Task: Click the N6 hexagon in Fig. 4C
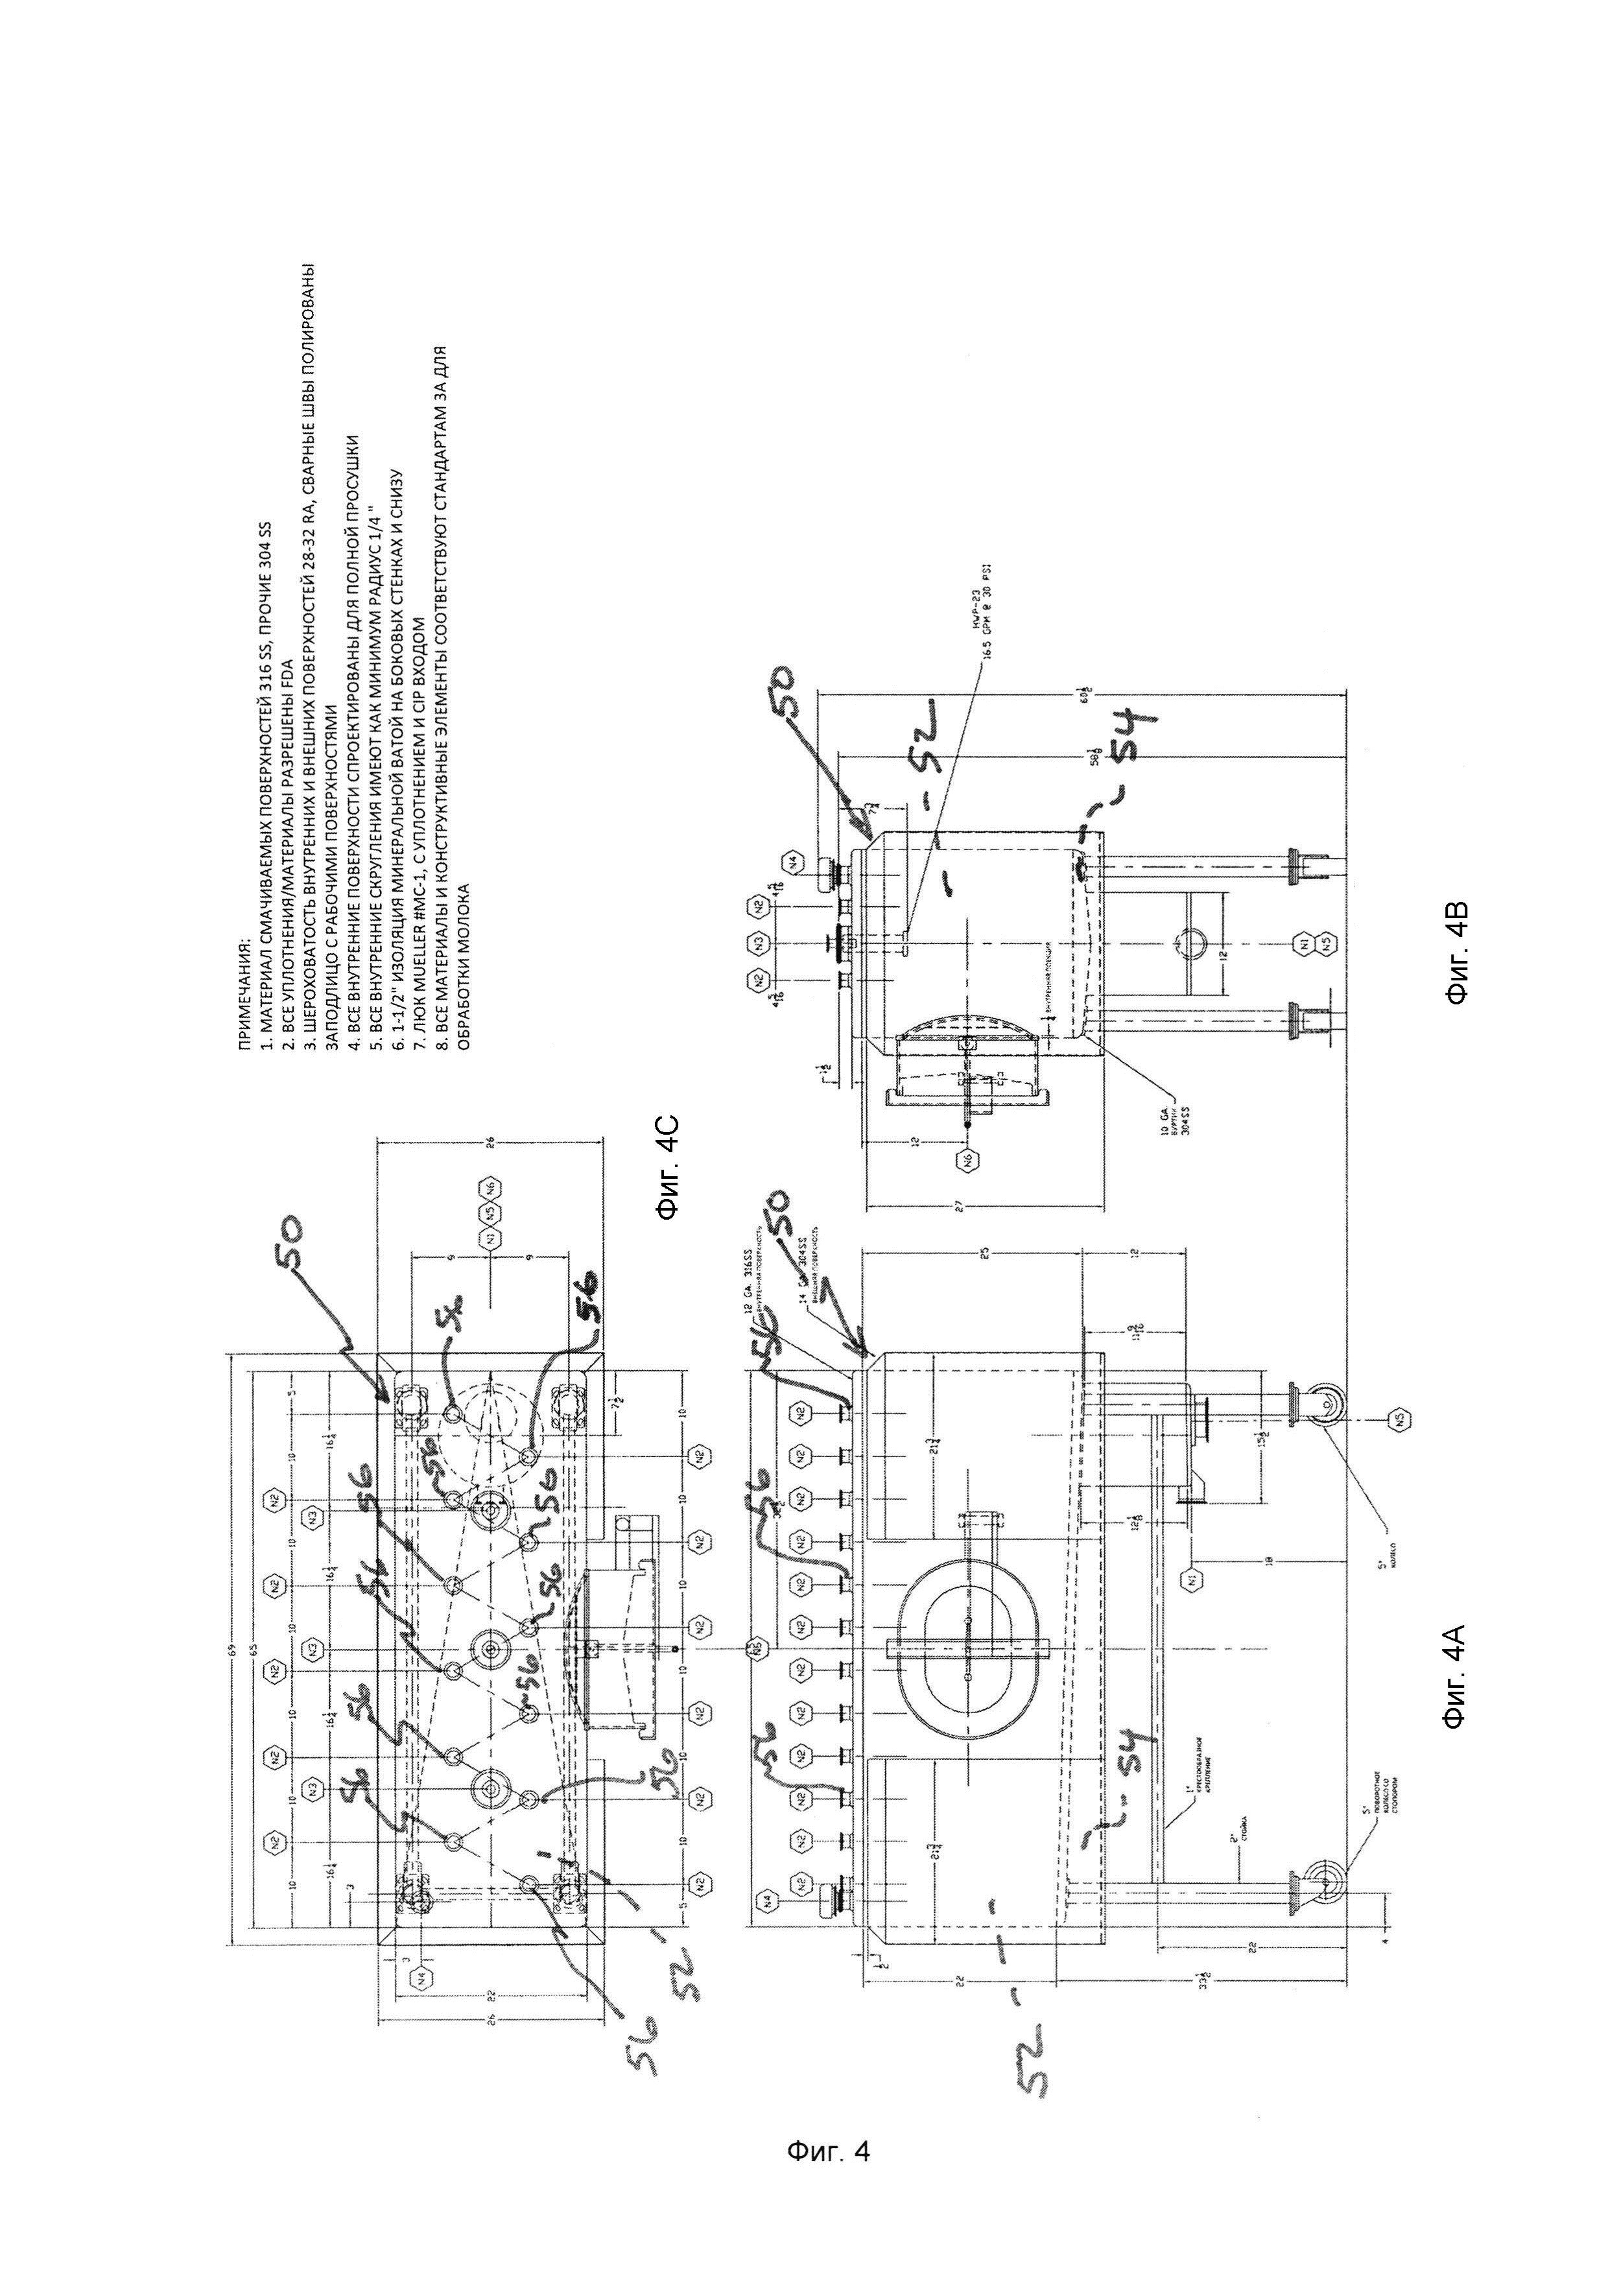click(488, 1185)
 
